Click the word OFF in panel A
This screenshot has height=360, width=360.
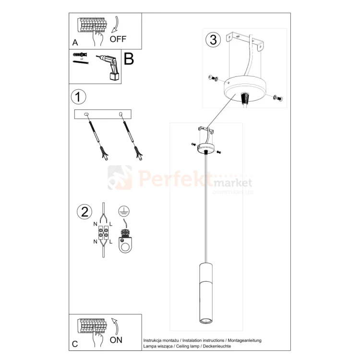pos(118,39)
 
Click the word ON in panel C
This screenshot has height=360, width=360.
pos(116,340)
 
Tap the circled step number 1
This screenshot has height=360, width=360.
pos(79,96)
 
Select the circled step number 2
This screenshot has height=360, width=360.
pos(84,212)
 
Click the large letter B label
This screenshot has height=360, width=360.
pos(129,59)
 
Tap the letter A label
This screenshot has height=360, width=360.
pos(75,42)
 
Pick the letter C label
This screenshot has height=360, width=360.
pos(75,344)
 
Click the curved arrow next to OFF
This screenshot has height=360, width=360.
pos(115,24)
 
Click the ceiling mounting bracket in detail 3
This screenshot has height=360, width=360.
pos(246,40)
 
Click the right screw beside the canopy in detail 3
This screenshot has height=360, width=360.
pos(276,98)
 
